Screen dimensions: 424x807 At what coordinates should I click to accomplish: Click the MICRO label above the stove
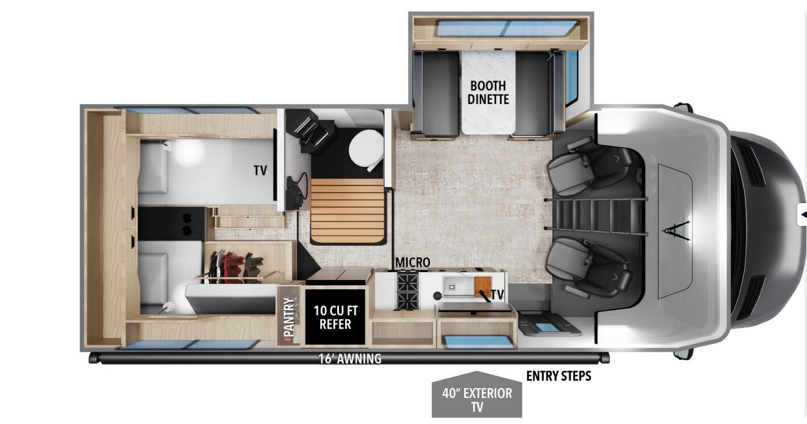(413, 262)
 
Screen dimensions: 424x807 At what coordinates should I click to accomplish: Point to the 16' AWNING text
(350, 359)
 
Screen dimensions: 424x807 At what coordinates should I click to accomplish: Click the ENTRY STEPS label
(558, 376)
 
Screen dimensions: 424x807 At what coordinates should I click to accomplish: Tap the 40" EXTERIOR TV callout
(477, 400)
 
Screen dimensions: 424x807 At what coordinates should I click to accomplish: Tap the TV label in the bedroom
(260, 170)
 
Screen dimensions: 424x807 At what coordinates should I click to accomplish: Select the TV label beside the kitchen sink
(497, 295)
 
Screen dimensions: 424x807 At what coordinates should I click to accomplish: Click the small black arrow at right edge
(803, 215)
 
